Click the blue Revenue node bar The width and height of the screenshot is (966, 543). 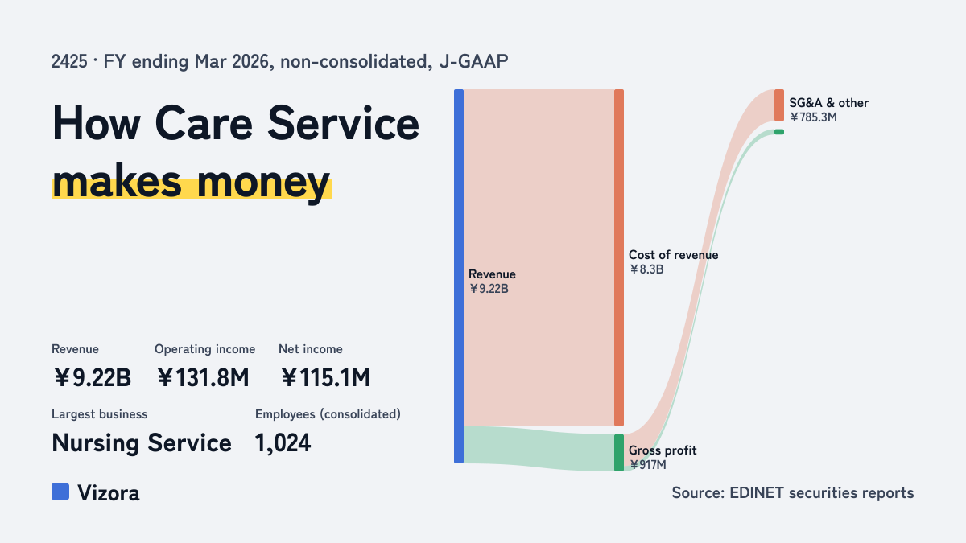pyautogui.click(x=459, y=276)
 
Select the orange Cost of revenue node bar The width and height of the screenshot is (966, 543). pyautogui.click(x=619, y=257)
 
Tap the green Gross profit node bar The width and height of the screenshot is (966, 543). pyautogui.click(x=619, y=452)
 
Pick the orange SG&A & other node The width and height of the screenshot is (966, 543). pyautogui.click(x=779, y=105)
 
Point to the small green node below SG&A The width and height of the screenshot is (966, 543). pyautogui.click(x=779, y=132)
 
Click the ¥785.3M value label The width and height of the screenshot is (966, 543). pyautogui.click(x=813, y=117)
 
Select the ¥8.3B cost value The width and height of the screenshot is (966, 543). pyautogui.click(x=646, y=269)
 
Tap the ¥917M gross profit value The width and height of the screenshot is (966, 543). pyautogui.click(x=647, y=465)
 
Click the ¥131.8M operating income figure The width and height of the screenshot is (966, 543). pyautogui.click(x=203, y=377)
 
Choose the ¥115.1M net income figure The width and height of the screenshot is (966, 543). pyautogui.click(x=325, y=377)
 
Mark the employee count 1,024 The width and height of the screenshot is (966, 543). pyautogui.click(x=283, y=443)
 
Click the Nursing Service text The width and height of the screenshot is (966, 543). pyautogui.click(x=142, y=443)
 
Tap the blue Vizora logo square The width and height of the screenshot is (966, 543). pyautogui.click(x=60, y=492)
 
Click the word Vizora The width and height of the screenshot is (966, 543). pyautogui.click(x=109, y=492)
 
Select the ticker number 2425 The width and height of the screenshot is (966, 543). pyautogui.click(x=69, y=61)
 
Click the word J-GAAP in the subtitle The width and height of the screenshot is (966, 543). pyautogui.click(x=473, y=61)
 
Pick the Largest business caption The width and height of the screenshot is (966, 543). pyautogui.click(x=100, y=414)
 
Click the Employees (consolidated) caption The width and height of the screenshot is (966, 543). pyautogui.click(x=328, y=414)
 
